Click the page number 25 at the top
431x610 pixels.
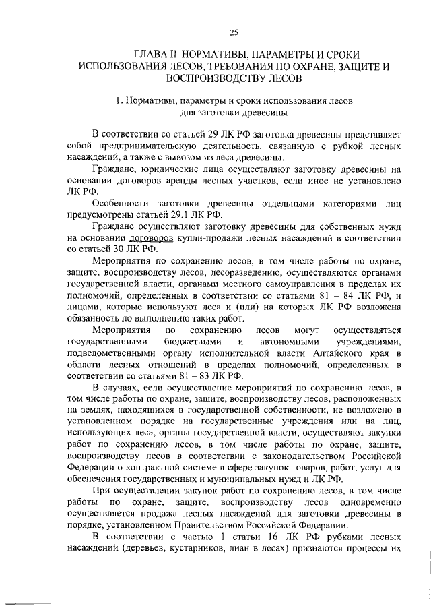(234, 31)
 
